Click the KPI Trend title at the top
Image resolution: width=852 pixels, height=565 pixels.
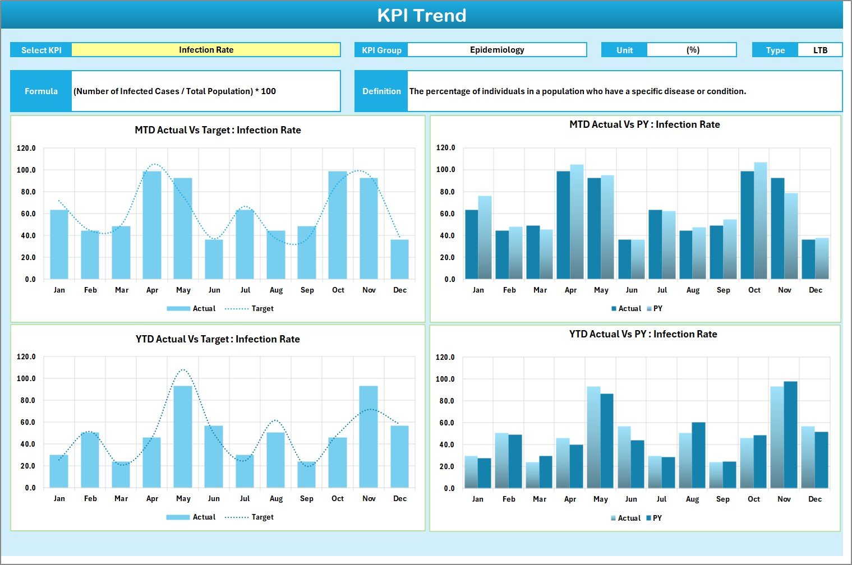(x=421, y=15)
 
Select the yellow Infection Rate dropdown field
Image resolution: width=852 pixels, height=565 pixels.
(x=206, y=50)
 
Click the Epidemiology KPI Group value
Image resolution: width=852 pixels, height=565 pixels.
(x=497, y=50)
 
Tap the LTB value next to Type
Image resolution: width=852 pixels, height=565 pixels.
(x=820, y=50)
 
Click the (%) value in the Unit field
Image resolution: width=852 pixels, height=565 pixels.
(x=692, y=50)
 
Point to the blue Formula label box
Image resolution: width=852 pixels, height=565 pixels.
(x=41, y=91)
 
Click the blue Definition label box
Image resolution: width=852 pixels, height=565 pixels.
(x=381, y=91)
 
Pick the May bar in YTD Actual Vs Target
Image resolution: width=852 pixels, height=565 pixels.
(x=183, y=437)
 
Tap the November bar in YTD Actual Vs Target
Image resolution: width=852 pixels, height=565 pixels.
(x=369, y=437)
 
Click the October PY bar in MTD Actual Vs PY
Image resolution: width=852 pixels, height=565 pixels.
(x=761, y=221)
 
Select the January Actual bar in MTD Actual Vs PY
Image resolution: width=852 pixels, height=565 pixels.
(x=472, y=244)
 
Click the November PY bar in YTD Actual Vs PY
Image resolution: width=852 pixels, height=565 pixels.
(x=790, y=434)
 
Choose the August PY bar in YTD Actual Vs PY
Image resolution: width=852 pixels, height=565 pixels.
(x=698, y=455)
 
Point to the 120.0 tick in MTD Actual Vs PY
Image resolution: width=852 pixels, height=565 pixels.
(x=446, y=148)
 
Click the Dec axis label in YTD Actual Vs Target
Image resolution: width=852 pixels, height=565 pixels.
(x=400, y=499)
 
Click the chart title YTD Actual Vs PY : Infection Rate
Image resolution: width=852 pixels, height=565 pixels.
(x=643, y=334)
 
